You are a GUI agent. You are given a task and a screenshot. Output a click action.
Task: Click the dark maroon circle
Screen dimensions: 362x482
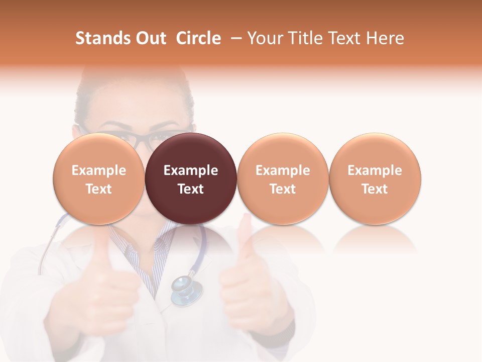(191, 179)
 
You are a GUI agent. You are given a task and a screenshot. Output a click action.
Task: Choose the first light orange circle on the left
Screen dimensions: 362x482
(99, 179)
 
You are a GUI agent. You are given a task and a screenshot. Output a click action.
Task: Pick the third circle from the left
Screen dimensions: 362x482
(283, 179)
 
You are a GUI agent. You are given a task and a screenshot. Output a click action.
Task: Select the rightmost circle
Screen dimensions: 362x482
(375, 179)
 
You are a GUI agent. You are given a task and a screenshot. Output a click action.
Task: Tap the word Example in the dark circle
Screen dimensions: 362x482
(191, 170)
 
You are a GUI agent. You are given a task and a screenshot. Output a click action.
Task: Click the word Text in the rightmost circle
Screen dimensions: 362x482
(375, 189)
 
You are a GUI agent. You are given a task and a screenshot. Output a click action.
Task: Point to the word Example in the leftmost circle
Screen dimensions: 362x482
(99, 170)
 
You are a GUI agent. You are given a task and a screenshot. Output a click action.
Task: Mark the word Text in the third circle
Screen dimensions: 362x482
(283, 189)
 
